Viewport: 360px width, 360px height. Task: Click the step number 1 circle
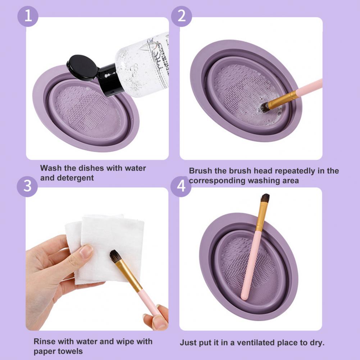coord(28,16)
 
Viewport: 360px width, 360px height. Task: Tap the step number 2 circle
coord(181,16)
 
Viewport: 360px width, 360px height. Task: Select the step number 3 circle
coord(27,186)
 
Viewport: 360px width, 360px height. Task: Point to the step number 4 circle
coord(181,186)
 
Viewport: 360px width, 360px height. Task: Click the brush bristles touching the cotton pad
coord(114,256)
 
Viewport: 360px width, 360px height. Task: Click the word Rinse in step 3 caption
coord(45,341)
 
